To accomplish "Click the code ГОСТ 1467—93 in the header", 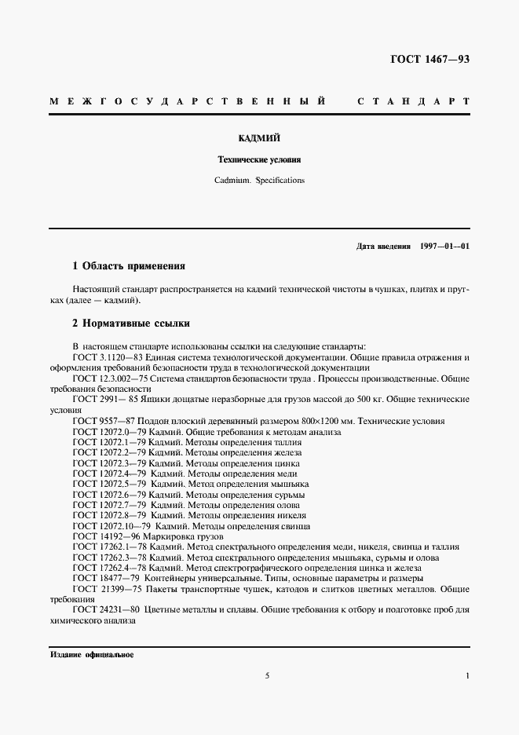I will click(429, 60).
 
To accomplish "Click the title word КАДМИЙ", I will click(259, 138).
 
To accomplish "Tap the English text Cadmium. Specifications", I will click(259, 180).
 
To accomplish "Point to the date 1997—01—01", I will click(445, 246).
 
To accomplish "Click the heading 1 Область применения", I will click(129, 266).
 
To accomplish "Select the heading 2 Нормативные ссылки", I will click(130, 324).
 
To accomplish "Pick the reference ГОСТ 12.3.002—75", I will click(110, 378).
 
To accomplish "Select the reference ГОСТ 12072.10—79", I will click(111, 525).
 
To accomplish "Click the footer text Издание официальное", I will click(92, 654).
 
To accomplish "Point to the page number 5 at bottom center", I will click(267, 676).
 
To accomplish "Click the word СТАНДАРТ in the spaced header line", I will click(414, 102).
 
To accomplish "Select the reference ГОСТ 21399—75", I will click(106, 587).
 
